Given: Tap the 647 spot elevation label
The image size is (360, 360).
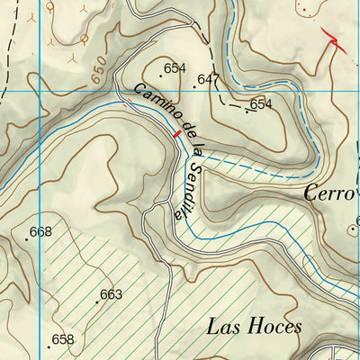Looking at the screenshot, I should click(209, 80).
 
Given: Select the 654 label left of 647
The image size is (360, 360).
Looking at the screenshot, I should click(175, 68).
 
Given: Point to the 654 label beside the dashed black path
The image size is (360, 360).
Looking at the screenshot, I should click(261, 104).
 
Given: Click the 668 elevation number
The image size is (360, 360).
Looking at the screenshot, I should click(40, 232).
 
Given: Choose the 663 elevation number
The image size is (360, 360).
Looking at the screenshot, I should click(111, 294).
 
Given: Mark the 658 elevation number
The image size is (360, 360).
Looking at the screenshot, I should click(63, 339).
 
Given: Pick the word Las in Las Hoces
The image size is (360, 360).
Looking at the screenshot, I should click(223, 326).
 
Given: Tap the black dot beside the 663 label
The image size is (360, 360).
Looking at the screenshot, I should click(97, 301).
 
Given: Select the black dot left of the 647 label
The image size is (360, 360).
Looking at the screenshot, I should click(194, 86).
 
